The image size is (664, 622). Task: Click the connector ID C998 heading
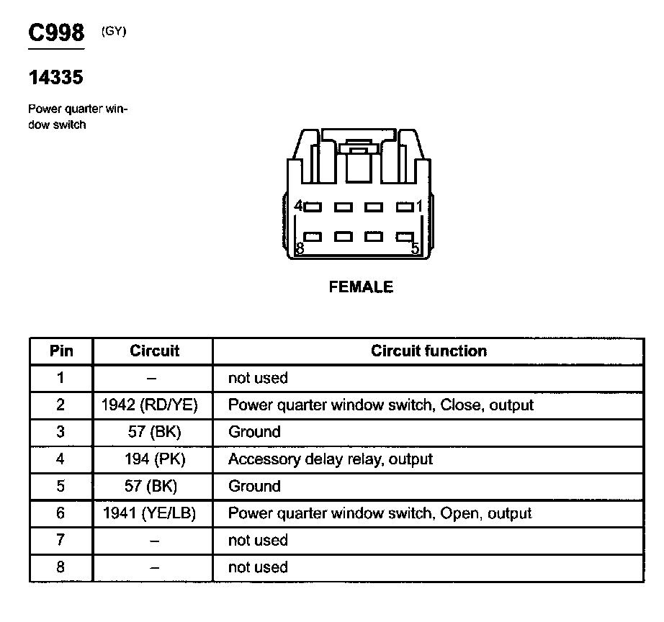(x=56, y=33)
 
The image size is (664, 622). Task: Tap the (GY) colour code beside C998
(x=114, y=31)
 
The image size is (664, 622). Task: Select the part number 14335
(x=55, y=77)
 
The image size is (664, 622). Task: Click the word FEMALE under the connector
(x=361, y=287)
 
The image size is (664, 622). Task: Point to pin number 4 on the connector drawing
(x=299, y=206)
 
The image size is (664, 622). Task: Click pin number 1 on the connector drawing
(x=418, y=206)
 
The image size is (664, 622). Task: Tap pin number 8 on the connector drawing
(x=300, y=249)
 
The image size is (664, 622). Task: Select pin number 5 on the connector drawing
(x=415, y=249)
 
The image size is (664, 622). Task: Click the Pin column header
(x=61, y=351)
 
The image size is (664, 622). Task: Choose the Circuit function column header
(x=429, y=351)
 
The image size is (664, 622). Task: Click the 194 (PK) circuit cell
(x=153, y=459)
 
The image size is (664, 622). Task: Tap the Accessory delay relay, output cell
(x=331, y=459)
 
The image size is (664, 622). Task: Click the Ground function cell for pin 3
(x=254, y=432)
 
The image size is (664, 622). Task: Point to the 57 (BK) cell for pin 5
(x=153, y=486)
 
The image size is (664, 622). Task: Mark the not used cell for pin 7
(x=258, y=540)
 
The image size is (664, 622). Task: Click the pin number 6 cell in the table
(x=61, y=513)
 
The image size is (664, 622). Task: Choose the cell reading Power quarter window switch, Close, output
(x=381, y=405)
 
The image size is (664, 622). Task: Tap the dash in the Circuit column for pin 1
(x=153, y=378)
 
